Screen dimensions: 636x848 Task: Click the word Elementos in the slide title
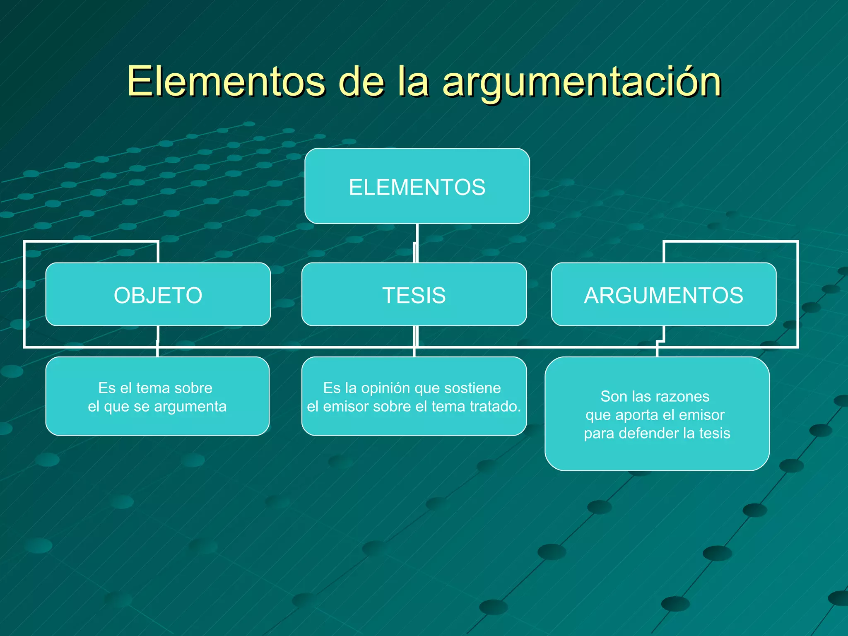click(226, 82)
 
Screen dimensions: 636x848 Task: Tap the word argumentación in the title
click(582, 83)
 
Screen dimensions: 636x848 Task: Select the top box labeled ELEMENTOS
click(417, 186)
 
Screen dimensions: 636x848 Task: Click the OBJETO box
click(158, 295)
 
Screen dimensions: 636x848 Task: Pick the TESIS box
click(414, 295)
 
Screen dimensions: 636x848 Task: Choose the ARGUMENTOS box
click(664, 295)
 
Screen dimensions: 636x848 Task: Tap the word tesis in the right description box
click(715, 434)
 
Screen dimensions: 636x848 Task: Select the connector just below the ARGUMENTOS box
click(663, 333)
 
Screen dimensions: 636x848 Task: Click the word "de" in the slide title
click(361, 82)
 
